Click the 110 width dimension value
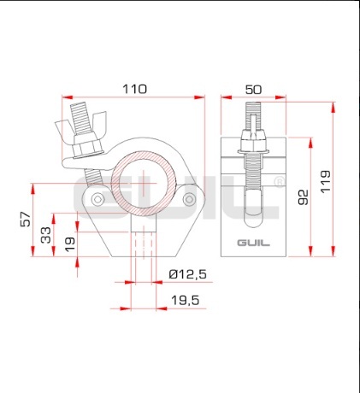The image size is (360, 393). click(x=134, y=89)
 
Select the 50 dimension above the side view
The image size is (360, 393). click(x=253, y=90)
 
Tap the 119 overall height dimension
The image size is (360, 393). click(x=325, y=182)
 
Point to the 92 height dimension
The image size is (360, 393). click(x=303, y=197)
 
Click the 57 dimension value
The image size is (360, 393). click(x=26, y=219)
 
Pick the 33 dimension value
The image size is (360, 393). click(x=46, y=235)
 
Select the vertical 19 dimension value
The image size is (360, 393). click(x=70, y=244)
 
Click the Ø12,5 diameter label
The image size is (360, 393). click(x=187, y=274)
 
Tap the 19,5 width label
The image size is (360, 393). click(x=186, y=300)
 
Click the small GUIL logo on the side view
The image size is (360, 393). click(x=254, y=243)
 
